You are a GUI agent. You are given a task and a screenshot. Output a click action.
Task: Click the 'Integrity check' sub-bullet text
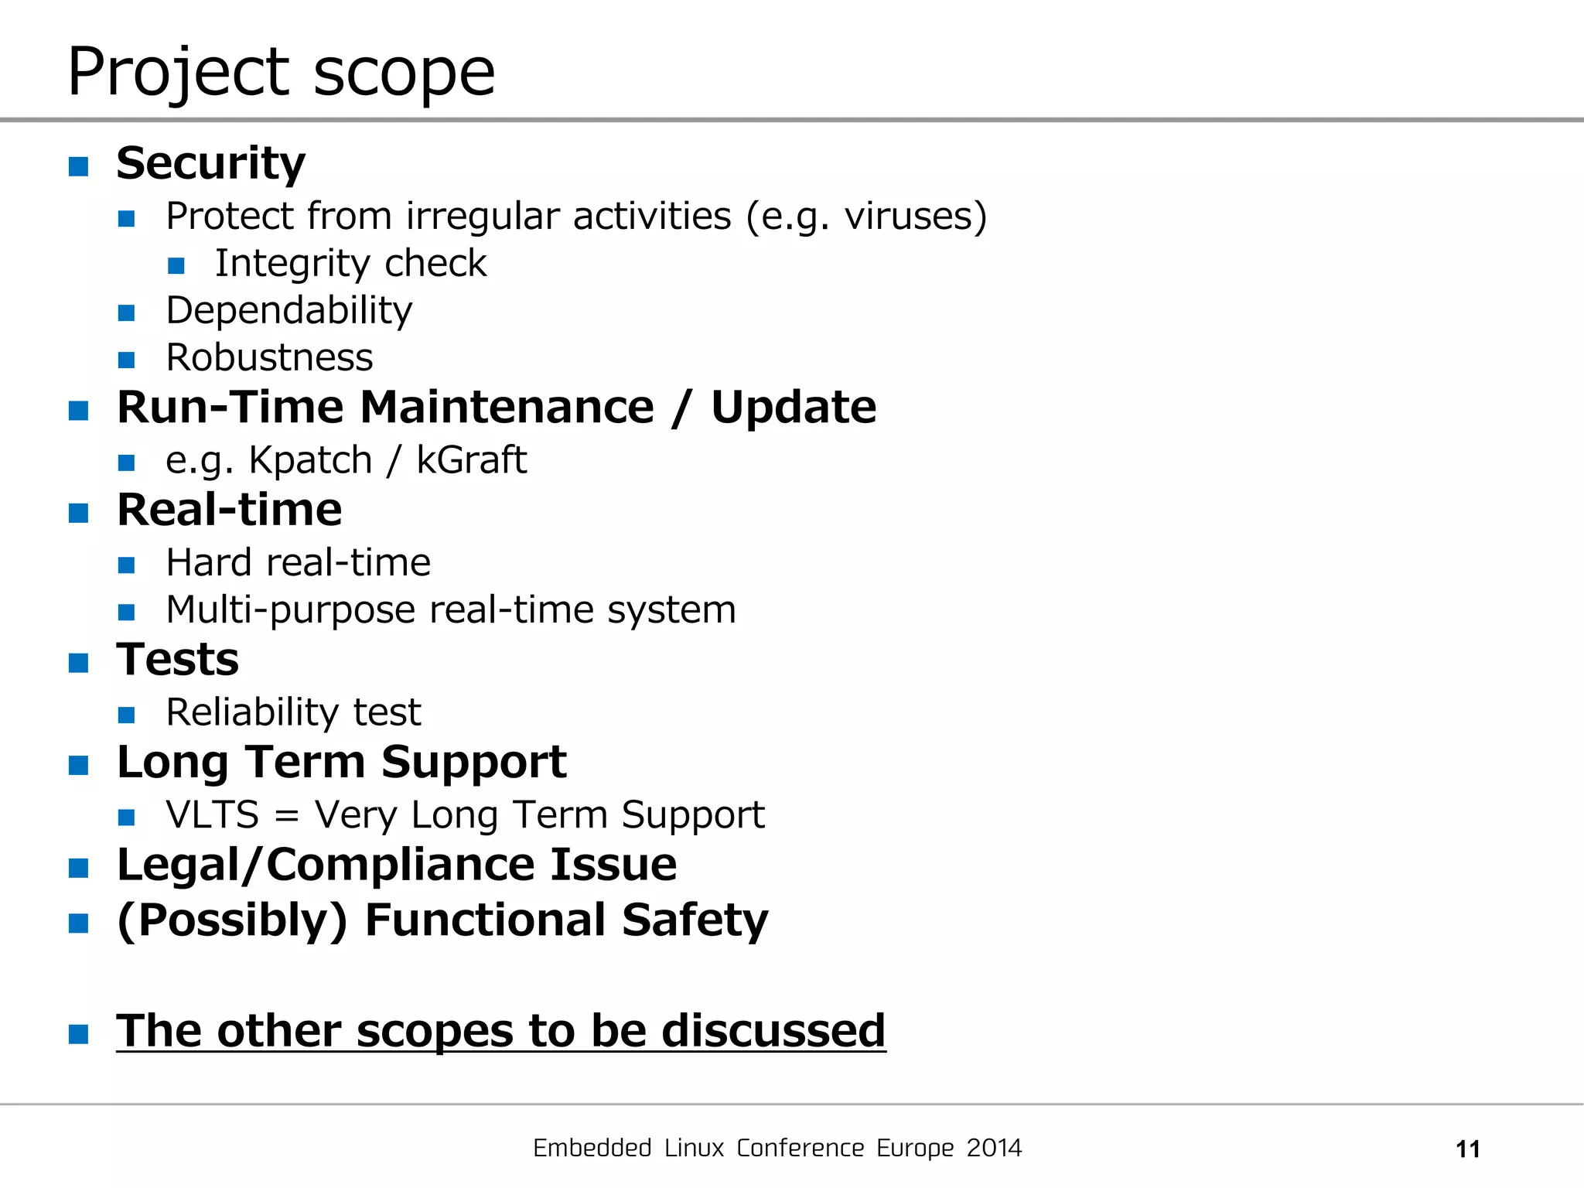(x=350, y=264)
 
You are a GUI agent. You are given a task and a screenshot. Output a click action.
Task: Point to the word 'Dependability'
(x=289, y=311)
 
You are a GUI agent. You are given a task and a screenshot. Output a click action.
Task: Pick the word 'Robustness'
(x=269, y=358)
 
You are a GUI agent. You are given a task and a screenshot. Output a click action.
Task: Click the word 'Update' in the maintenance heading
(x=793, y=408)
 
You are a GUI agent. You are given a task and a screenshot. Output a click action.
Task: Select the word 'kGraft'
(x=471, y=460)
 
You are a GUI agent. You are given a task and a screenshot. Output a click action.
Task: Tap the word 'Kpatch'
(x=310, y=461)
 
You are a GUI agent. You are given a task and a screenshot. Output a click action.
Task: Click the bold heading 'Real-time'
(x=229, y=510)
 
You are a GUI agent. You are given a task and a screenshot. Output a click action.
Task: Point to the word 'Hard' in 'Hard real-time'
(x=209, y=562)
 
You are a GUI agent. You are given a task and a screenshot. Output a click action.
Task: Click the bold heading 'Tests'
(x=177, y=660)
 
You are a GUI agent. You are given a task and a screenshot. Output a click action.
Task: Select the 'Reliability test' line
(x=293, y=712)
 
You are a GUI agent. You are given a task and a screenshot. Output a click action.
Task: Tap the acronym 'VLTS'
(x=212, y=815)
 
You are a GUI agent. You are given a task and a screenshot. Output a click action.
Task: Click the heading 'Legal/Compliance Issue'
(x=396, y=865)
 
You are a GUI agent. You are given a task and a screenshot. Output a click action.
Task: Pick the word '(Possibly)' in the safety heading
(x=231, y=920)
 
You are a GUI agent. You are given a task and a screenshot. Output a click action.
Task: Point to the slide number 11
(x=1467, y=1149)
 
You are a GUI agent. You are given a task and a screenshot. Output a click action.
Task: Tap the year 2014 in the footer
(x=994, y=1148)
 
